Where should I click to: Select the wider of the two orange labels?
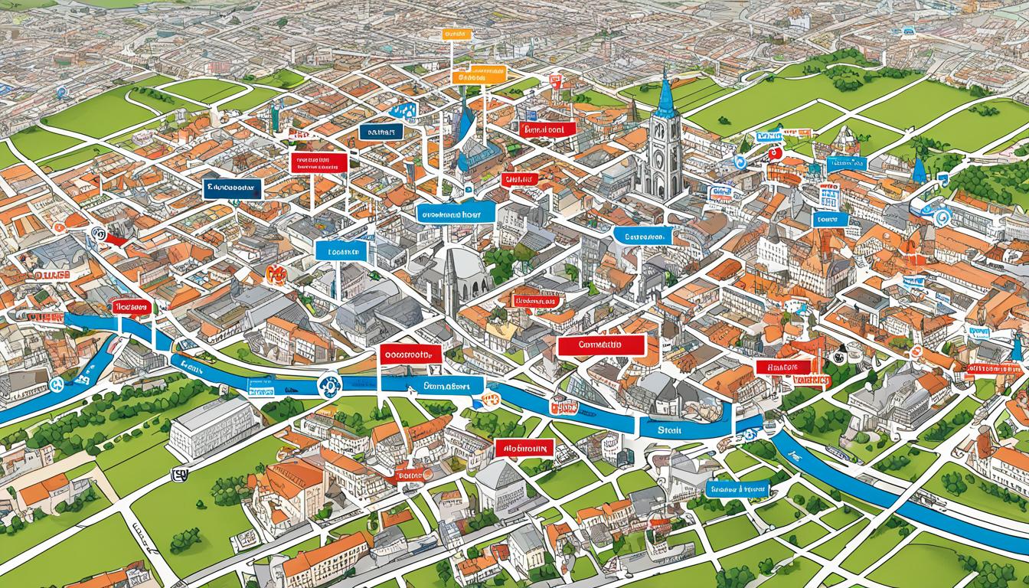click(479, 76)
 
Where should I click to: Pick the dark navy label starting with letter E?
click(233, 188)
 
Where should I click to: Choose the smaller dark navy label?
click(381, 132)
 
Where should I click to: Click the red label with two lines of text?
click(318, 162)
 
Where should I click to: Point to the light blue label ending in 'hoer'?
click(456, 214)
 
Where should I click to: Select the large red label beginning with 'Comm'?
click(601, 345)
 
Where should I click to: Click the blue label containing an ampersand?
click(737, 488)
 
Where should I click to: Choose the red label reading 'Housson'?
click(130, 306)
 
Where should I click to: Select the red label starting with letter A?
click(524, 448)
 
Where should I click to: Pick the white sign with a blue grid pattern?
click(828, 198)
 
